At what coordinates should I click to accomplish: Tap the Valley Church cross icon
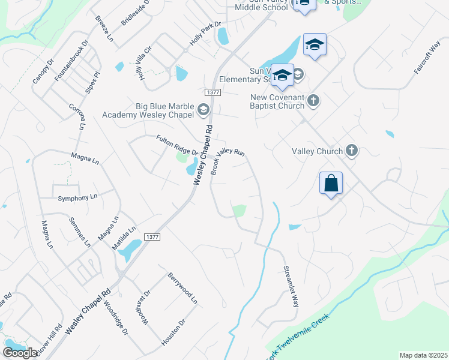(352, 151)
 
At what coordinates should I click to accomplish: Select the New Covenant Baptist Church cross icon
(313, 100)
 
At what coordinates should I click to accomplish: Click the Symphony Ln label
(77, 197)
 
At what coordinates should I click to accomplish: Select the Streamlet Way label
(290, 287)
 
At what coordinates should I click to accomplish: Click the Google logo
(20, 353)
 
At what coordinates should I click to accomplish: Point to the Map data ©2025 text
(423, 355)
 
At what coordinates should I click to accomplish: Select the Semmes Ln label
(79, 232)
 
